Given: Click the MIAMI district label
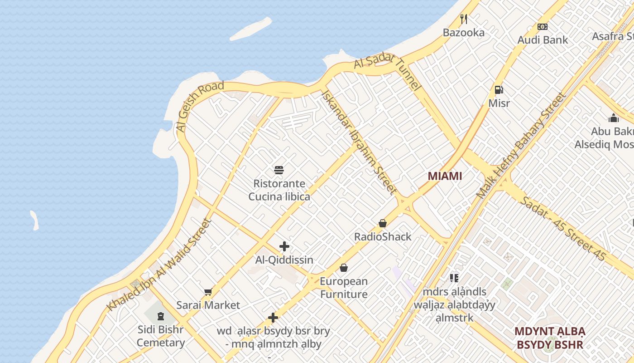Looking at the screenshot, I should coord(445,176).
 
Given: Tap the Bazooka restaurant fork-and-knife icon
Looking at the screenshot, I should coord(463,19).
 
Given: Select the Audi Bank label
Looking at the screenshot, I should coord(543,40).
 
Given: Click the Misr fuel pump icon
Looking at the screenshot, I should coord(499,90).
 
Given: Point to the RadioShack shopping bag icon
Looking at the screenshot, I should coord(383,223).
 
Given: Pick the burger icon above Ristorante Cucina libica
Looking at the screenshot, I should coord(279,170).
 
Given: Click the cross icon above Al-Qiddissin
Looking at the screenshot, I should coord(284,246).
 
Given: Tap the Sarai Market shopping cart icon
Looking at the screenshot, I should coord(208,292).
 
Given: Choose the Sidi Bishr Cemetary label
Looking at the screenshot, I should coord(161,336).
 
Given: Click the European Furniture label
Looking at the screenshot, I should coord(344,288).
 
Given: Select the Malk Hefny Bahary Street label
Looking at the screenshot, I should coord(521,146).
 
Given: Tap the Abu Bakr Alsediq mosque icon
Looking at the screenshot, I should coord(614,118).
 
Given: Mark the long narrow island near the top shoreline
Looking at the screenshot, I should coord(250,29).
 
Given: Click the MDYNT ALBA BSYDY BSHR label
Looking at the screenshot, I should coord(550,338).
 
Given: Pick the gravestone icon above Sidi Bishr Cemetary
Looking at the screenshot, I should coord(160,316).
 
